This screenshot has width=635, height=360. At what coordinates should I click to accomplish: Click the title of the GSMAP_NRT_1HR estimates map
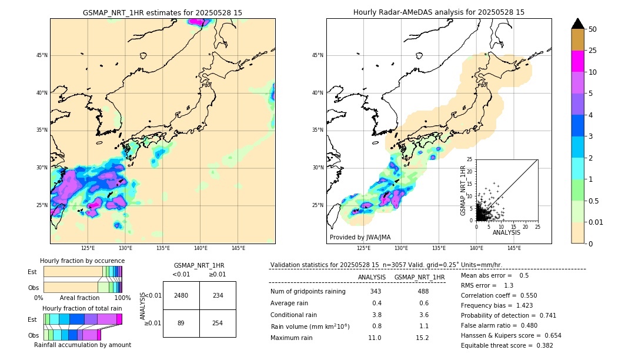point(162,12)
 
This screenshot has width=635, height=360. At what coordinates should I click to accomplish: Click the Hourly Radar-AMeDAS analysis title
point(439,12)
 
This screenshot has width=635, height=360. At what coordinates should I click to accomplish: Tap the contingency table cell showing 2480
point(181,295)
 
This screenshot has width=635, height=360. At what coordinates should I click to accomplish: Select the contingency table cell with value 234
point(218,295)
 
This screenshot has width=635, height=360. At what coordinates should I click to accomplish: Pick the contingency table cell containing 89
point(181,322)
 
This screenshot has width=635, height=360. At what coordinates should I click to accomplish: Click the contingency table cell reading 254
point(218,322)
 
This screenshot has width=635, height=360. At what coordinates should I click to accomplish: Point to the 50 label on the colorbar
point(593,29)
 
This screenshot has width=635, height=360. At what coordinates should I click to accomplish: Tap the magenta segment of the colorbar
point(578,61)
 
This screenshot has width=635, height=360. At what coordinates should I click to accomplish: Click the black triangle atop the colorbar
point(578,24)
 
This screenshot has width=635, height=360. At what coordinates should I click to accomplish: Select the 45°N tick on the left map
point(42,55)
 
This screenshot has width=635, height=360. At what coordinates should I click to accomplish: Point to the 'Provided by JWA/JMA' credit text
point(360,237)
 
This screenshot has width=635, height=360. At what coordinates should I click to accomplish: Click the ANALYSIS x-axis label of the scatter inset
point(506,232)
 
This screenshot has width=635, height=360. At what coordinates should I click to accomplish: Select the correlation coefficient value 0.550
point(527,295)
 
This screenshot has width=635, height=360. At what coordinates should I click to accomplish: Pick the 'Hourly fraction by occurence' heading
point(82,261)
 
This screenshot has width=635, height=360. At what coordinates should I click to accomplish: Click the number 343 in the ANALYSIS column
point(376,291)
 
